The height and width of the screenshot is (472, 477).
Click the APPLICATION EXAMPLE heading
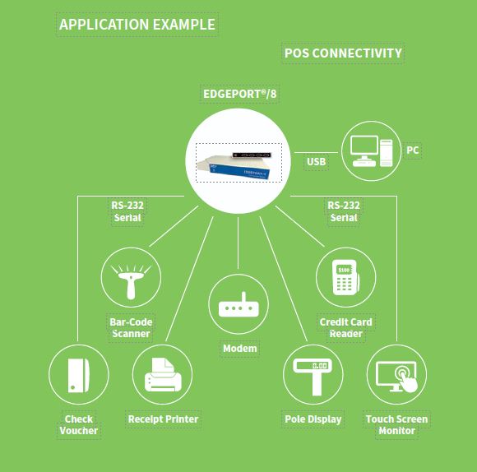tap(137, 25)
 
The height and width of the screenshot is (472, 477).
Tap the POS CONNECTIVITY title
tap(343, 53)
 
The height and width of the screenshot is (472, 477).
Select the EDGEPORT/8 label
tap(239, 94)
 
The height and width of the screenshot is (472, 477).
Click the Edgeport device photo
tap(238, 163)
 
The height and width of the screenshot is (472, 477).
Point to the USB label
tap(317, 162)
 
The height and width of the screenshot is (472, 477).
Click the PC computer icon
tap(371, 150)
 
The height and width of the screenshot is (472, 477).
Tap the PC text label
tap(413, 150)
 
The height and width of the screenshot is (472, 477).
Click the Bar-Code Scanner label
tap(131, 328)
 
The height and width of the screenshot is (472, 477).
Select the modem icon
tap(238, 304)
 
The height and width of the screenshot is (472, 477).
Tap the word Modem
tap(239, 349)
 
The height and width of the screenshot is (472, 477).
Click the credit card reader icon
tap(346, 277)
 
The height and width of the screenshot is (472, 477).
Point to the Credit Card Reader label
tap(346, 328)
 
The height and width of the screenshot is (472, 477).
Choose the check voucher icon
tap(78, 375)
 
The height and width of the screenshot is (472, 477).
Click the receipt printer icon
tap(163, 375)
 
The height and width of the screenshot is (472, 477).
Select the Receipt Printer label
tap(163, 419)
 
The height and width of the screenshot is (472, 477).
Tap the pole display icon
tap(313, 375)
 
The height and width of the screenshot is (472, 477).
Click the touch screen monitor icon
tap(396, 375)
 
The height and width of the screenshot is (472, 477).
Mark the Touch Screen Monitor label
tap(396, 425)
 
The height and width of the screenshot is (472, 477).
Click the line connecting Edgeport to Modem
tap(238, 243)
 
